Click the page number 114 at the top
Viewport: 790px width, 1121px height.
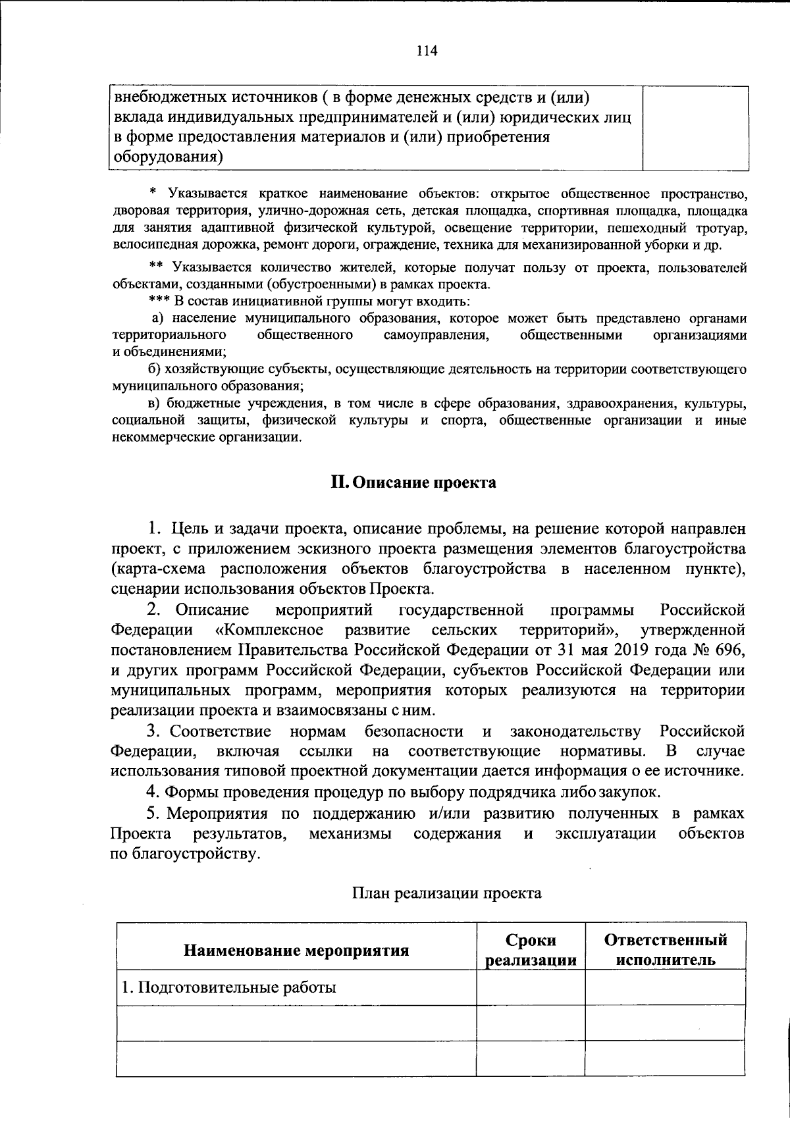click(427, 51)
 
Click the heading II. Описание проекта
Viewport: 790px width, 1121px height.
click(413, 482)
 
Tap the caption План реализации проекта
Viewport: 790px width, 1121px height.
click(446, 893)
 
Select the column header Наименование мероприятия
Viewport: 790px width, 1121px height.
click(296, 950)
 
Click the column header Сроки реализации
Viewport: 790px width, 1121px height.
click(531, 950)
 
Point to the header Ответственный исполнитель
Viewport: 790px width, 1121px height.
click(665, 950)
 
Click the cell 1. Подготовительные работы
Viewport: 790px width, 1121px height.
click(229, 987)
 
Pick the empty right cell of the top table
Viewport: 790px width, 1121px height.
click(695, 128)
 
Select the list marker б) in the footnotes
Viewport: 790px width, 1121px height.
click(155, 369)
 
